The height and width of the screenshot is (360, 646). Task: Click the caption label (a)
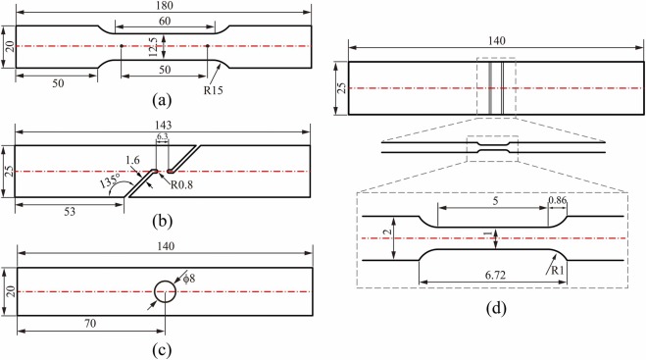tap(164, 99)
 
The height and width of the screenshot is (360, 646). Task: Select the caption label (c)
tap(164, 347)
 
